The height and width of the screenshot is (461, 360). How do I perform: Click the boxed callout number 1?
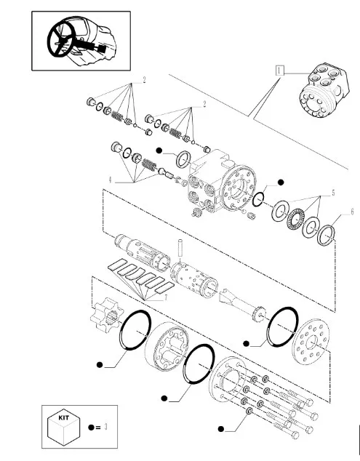pyautogui.click(x=280, y=71)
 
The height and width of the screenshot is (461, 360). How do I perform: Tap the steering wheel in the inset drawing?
pyautogui.click(x=60, y=39)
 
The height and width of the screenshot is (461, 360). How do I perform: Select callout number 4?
pyautogui.click(x=110, y=180)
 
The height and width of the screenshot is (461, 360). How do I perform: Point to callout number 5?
pyautogui.click(x=333, y=193)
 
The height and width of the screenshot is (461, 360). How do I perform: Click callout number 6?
pyautogui.click(x=352, y=212)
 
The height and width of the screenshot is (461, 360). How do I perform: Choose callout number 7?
pyautogui.click(x=166, y=298)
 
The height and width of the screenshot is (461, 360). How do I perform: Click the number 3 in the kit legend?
pyautogui.click(x=106, y=427)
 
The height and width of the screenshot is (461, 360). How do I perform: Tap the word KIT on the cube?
pyautogui.click(x=63, y=417)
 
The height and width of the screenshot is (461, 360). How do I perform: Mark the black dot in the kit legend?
pyautogui.click(x=91, y=428)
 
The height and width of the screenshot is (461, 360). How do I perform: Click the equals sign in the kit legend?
pyautogui.click(x=97, y=428)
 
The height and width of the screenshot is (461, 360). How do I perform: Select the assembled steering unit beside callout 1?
pyautogui.click(x=324, y=89)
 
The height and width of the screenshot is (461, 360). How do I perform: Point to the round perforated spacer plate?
pyautogui.click(x=311, y=341)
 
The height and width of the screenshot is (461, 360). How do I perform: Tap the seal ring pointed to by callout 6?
pyautogui.click(x=326, y=235)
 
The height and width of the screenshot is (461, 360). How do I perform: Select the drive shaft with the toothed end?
pyautogui.click(x=243, y=305)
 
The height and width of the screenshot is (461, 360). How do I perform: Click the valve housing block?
pyautogui.click(x=221, y=183)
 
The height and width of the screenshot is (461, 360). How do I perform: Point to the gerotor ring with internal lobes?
pyautogui.click(x=167, y=347)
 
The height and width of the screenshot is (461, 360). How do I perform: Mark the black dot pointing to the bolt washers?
pyautogui.click(x=221, y=429)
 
